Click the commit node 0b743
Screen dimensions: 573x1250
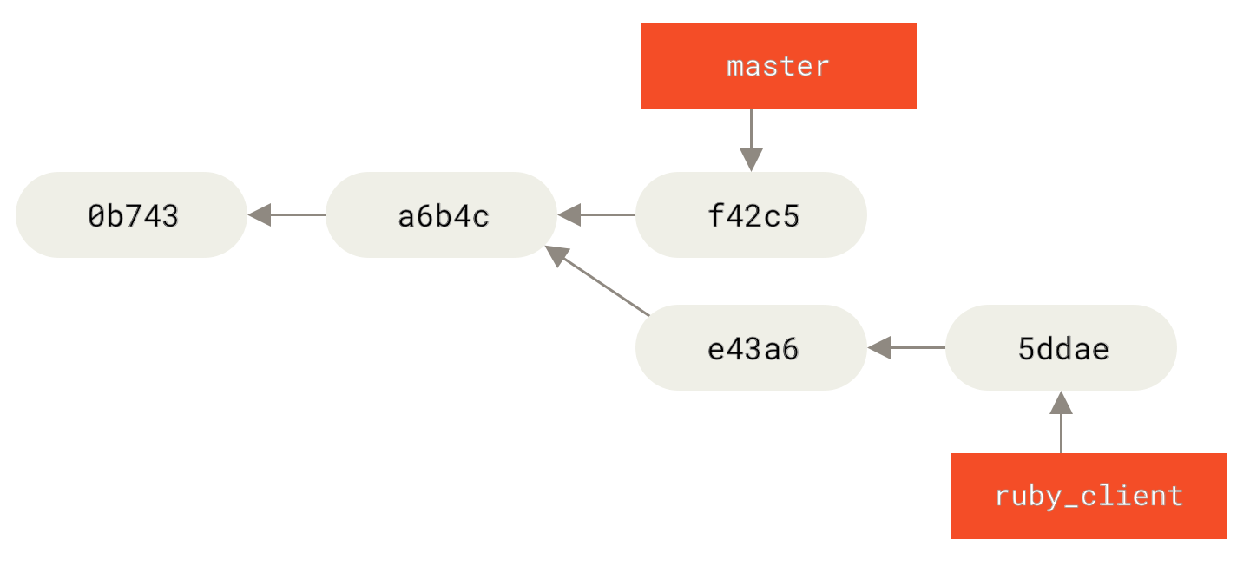131,214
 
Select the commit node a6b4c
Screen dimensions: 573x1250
441,214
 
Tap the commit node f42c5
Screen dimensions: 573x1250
751,214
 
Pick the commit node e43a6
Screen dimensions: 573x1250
751,347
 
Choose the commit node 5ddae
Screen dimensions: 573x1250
1061,347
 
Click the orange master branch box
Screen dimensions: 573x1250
778,66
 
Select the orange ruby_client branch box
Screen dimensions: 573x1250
1088,496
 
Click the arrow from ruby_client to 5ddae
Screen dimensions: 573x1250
1061,425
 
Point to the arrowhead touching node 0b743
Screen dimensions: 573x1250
260,214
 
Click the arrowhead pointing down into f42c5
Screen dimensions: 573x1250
751,160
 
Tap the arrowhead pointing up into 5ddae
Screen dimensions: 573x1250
1061,402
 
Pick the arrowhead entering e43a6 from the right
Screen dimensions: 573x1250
879,347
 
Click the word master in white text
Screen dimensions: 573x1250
778,66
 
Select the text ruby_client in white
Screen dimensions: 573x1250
1088,496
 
